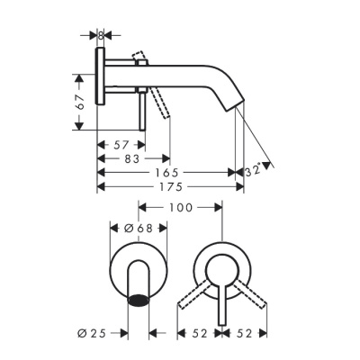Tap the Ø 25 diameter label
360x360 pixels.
tap(93, 334)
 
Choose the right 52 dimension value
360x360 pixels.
tap(243, 334)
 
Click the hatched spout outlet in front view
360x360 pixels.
tap(139, 300)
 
